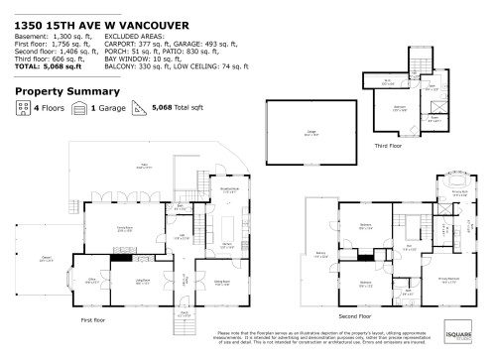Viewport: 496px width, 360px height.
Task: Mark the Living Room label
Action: pos(143,282)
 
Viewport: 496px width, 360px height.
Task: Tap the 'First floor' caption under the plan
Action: pos(92,320)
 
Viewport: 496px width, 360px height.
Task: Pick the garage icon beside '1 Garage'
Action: pos(79,111)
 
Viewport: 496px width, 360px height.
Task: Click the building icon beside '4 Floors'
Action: pos(24,111)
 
